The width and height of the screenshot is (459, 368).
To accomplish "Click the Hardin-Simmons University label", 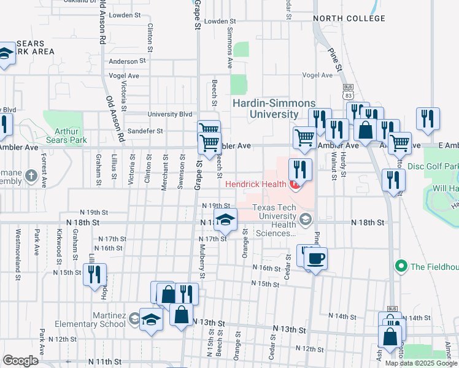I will [274, 109].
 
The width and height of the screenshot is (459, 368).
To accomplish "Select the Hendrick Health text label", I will [256, 184].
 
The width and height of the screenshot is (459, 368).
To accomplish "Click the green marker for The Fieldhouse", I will [401, 266].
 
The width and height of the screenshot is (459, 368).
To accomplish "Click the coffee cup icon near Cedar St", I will [315, 258].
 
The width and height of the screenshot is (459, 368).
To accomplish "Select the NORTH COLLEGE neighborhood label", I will [349, 18].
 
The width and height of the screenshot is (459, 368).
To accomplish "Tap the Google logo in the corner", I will [20, 361].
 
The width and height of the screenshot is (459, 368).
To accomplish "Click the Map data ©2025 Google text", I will [421, 363].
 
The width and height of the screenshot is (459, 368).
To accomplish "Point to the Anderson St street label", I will [127, 61].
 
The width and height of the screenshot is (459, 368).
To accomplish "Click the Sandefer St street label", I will [142, 131].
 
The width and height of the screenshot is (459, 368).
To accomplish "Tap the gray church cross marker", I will [32, 178].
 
